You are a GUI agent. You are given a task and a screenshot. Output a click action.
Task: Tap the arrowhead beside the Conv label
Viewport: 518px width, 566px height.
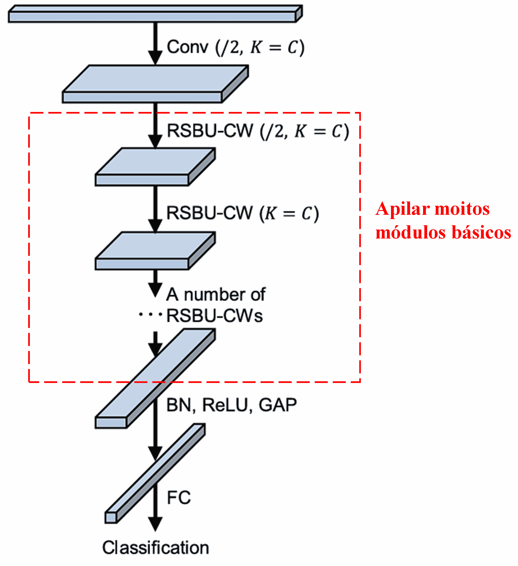(155, 58)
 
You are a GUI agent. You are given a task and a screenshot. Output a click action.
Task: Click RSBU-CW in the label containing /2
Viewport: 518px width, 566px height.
(210, 131)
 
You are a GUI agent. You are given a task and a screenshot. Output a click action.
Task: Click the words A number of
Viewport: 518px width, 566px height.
(215, 295)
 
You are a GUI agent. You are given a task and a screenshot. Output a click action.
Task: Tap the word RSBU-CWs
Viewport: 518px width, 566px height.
(214, 316)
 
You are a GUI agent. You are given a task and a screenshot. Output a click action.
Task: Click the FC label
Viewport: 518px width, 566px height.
(179, 498)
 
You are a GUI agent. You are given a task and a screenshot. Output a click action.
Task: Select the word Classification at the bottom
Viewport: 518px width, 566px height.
(155, 548)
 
